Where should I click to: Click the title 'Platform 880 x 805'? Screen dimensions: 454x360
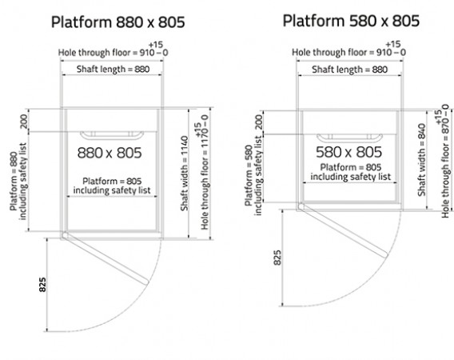pyautogui.click(x=117, y=22)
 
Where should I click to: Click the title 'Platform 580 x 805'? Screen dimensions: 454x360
pyautogui.click(x=351, y=21)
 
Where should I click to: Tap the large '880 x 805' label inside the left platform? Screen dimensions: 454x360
pyautogui.click(x=110, y=153)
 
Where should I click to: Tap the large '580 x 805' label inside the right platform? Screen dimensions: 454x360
pyautogui.click(x=349, y=152)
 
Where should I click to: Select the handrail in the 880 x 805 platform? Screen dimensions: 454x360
pyautogui.click(x=111, y=135)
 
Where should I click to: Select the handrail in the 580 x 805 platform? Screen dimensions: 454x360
pyautogui.click(x=349, y=138)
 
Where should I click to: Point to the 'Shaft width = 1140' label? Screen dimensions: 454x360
pyautogui.click(x=185, y=174)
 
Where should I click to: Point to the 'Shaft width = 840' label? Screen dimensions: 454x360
pyautogui.click(x=421, y=160)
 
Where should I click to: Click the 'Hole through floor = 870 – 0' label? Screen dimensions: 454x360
pyautogui.click(x=443, y=162)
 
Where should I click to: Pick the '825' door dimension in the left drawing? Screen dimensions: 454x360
pyautogui.click(x=42, y=285)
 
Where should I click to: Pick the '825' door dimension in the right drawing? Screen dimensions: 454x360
pyautogui.click(x=277, y=258)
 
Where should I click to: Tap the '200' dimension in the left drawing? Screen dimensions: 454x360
pyautogui.click(x=24, y=122)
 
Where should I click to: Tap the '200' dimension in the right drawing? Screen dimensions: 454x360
pyautogui.click(x=259, y=122)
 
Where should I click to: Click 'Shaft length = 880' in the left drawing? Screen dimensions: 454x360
pyautogui.click(x=113, y=70)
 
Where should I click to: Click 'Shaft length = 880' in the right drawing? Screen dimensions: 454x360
pyautogui.click(x=349, y=70)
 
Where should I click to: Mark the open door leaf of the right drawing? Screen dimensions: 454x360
pyautogui.click(x=344, y=230)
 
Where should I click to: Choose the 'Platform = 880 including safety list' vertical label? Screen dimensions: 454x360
pyautogui.click(x=18, y=181)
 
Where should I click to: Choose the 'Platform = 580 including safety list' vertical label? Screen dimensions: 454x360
pyautogui.click(x=253, y=176)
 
